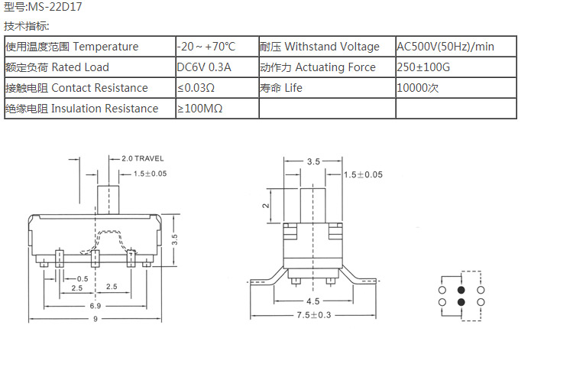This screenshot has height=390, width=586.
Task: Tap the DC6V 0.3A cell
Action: pyautogui.click(x=204, y=67)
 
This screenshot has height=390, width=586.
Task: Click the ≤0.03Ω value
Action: pyautogui.click(x=196, y=88)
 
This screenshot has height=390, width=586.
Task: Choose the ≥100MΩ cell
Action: pyautogui.click(x=200, y=109)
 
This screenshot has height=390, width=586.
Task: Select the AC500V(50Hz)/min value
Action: pyautogui.click(x=445, y=47)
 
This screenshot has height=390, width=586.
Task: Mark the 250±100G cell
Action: pyautogui.click(x=424, y=67)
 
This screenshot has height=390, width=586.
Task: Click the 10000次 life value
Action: pyautogui.click(x=418, y=88)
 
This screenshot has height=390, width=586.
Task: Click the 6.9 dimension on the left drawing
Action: pyautogui.click(x=96, y=306)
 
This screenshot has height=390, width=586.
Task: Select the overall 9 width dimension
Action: pyautogui.click(x=96, y=320)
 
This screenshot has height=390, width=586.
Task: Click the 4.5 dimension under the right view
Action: pyautogui.click(x=313, y=301)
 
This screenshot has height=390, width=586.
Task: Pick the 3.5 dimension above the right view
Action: pyautogui.click(x=313, y=162)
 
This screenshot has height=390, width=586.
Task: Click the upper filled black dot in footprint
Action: pyautogui.click(x=461, y=291)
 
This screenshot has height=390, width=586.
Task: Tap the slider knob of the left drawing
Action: pyautogui.click(x=110, y=197)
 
